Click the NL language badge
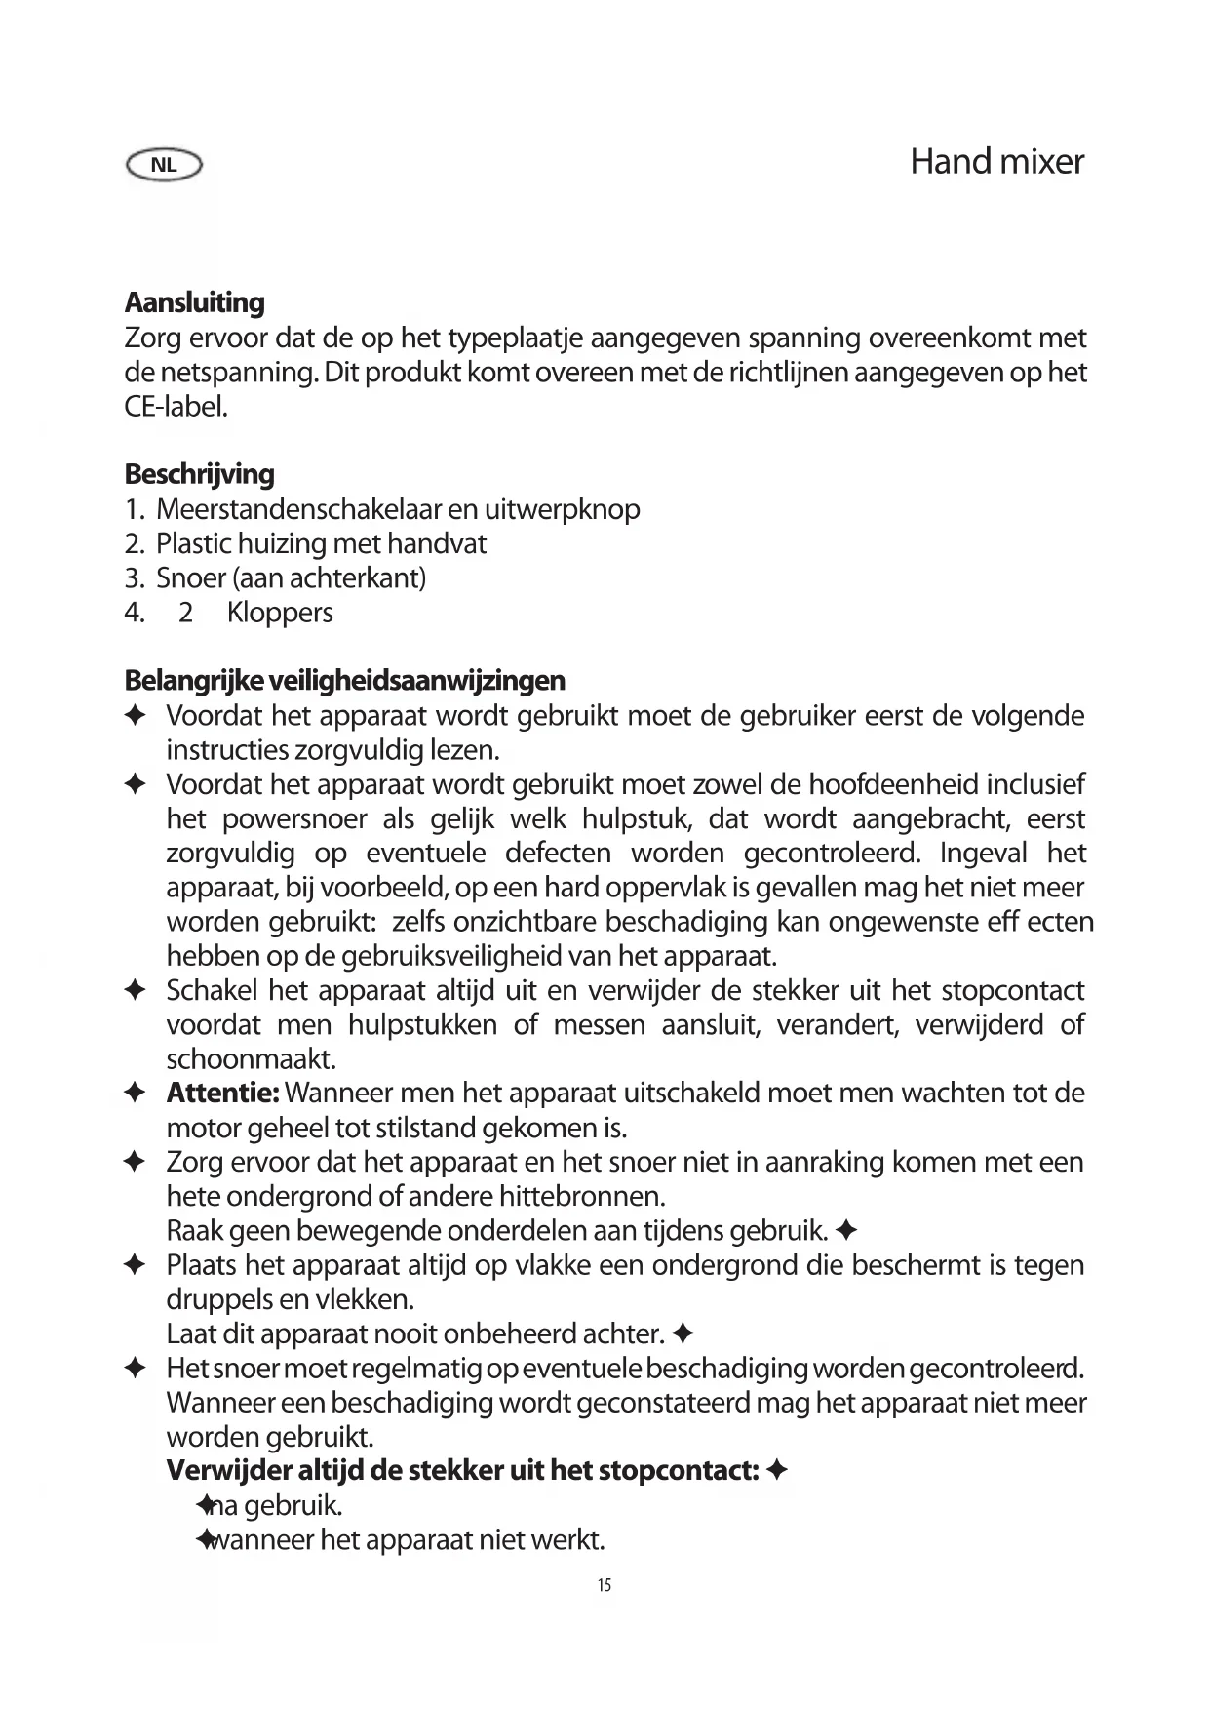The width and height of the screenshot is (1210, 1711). tap(164, 165)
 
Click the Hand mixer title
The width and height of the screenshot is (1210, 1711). tap(996, 162)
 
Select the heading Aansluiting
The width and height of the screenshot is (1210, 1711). tap(194, 302)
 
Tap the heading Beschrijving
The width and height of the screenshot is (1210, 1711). tap(199, 474)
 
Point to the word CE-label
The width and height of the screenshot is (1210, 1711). tap(176, 407)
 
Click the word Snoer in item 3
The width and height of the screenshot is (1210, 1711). tap(191, 578)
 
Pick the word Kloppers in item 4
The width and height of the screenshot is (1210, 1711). tap(280, 613)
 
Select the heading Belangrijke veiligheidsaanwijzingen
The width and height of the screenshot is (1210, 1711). tap(344, 680)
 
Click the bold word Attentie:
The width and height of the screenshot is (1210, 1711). tap(223, 1093)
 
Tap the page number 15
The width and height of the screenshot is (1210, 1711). tap(605, 1585)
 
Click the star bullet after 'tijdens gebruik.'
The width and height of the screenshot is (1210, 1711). tap(846, 1231)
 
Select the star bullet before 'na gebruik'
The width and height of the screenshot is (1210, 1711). tap(205, 1505)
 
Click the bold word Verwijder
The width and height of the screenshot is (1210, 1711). tap(227, 1470)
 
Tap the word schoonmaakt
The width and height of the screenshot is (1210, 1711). tap(251, 1059)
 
